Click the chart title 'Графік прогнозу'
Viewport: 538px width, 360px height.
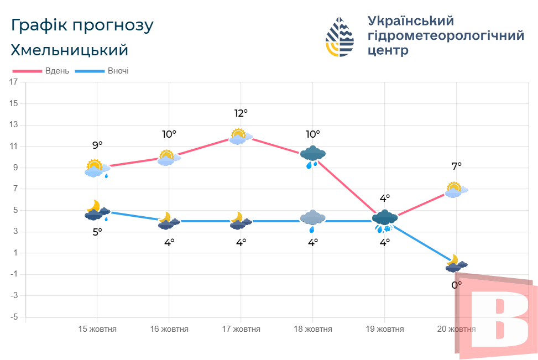click(x=82, y=25)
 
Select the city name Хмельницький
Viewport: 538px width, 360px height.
click(x=69, y=50)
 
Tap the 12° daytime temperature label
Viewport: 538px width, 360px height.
click(x=241, y=113)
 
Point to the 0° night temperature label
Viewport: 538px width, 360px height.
click(x=456, y=285)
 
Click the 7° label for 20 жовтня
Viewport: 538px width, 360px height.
click(x=456, y=165)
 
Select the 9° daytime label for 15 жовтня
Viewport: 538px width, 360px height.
click(x=97, y=145)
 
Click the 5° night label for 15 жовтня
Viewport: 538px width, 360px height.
click(x=97, y=232)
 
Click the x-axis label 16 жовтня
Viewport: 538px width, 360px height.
click(x=169, y=329)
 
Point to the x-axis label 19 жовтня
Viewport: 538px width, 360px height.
click(x=384, y=329)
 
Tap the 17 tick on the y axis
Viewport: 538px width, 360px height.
click(x=14, y=82)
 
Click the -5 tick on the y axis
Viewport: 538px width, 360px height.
click(x=14, y=317)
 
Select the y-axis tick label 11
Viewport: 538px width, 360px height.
click(x=14, y=147)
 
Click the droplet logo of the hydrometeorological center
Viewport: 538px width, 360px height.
click(x=339, y=36)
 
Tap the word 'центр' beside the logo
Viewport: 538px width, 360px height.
click(x=388, y=50)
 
